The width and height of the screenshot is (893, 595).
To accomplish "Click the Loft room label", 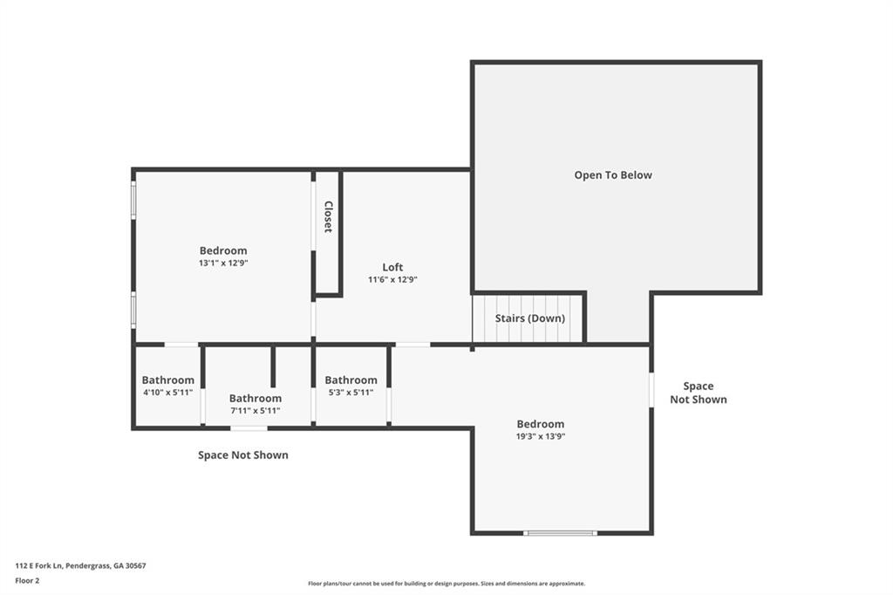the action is [x=392, y=267].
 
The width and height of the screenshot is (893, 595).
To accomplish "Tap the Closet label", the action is [x=328, y=216].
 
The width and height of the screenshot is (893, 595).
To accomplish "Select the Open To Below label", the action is [x=613, y=175].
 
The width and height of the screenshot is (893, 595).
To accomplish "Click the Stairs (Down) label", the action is [x=529, y=318].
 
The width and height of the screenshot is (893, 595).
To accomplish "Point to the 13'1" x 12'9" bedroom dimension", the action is [x=223, y=263].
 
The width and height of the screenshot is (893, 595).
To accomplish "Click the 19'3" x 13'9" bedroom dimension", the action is [x=541, y=436].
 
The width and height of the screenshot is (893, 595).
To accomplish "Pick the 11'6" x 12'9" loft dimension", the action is [x=392, y=279].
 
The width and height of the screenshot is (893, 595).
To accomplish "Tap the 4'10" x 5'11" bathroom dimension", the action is [x=168, y=392].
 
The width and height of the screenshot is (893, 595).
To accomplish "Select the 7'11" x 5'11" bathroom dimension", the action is [x=256, y=410].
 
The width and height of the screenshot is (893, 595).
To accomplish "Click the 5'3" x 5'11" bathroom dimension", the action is [x=351, y=392].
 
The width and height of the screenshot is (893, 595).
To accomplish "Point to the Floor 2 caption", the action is [x=27, y=581].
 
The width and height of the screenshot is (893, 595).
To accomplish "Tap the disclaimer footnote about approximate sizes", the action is [x=446, y=584].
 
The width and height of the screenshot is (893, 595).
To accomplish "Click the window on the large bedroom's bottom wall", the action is [x=561, y=533].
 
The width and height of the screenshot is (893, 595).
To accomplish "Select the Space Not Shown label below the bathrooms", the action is [x=243, y=455].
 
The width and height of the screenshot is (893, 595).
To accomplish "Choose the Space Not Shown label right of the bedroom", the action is [x=699, y=393].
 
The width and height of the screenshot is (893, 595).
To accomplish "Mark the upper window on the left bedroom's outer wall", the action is [x=133, y=200].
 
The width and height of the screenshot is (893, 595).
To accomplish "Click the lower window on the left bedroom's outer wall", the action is [x=133, y=310].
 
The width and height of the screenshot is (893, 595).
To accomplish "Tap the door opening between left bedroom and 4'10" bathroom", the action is [x=181, y=345].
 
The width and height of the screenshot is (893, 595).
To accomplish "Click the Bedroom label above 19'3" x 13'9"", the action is [x=541, y=424].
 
